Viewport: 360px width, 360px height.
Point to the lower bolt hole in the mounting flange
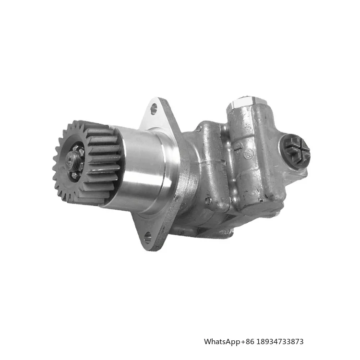coord(148,237)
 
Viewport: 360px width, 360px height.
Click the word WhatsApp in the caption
coord(222,341)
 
